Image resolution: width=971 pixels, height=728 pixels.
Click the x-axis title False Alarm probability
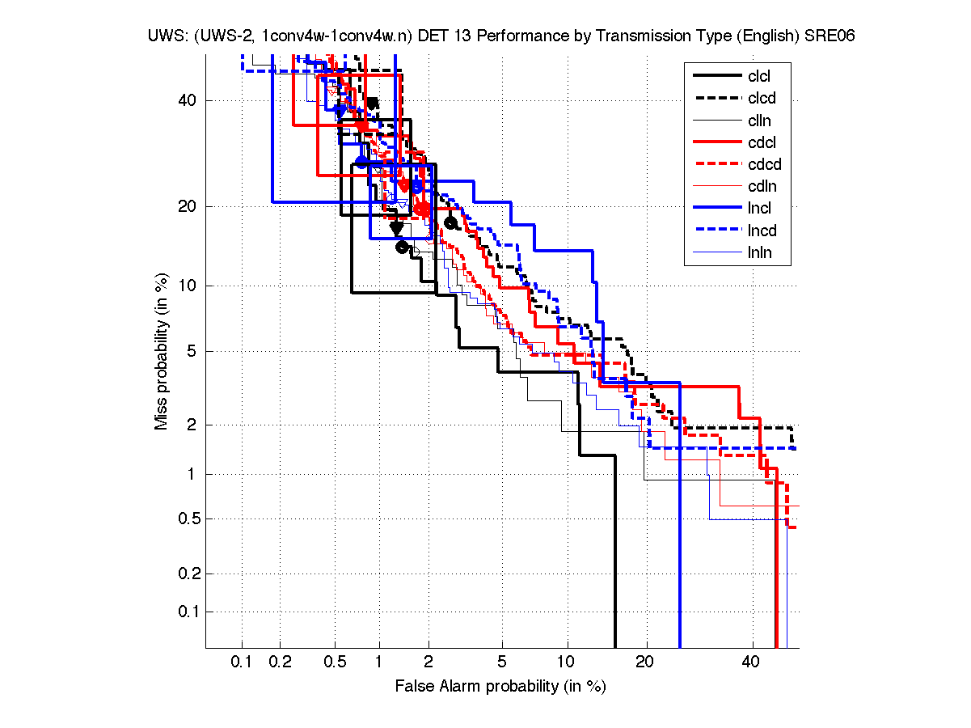click(500, 687)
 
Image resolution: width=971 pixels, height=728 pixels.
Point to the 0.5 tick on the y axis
click(188, 518)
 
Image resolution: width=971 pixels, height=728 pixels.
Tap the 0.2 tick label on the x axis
click(281, 662)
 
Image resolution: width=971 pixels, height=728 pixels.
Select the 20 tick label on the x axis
click(644, 662)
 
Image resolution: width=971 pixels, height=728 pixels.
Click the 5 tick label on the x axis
click(502, 662)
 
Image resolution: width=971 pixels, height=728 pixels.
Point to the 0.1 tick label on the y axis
click(188, 612)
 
